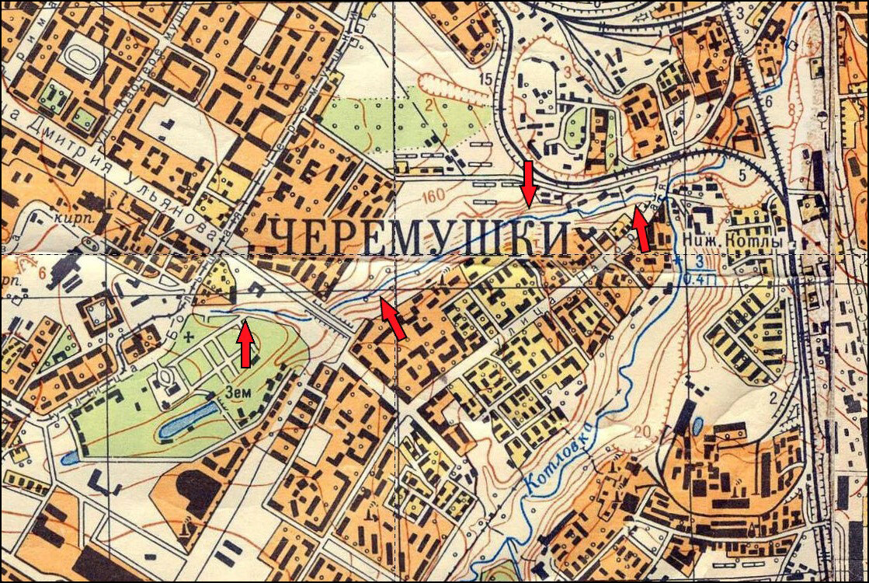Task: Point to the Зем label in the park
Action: click(239, 393)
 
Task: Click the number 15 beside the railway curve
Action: click(487, 79)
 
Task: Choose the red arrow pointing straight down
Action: click(528, 183)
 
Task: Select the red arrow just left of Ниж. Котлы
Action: click(640, 229)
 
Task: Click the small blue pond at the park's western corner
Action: click(69, 458)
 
